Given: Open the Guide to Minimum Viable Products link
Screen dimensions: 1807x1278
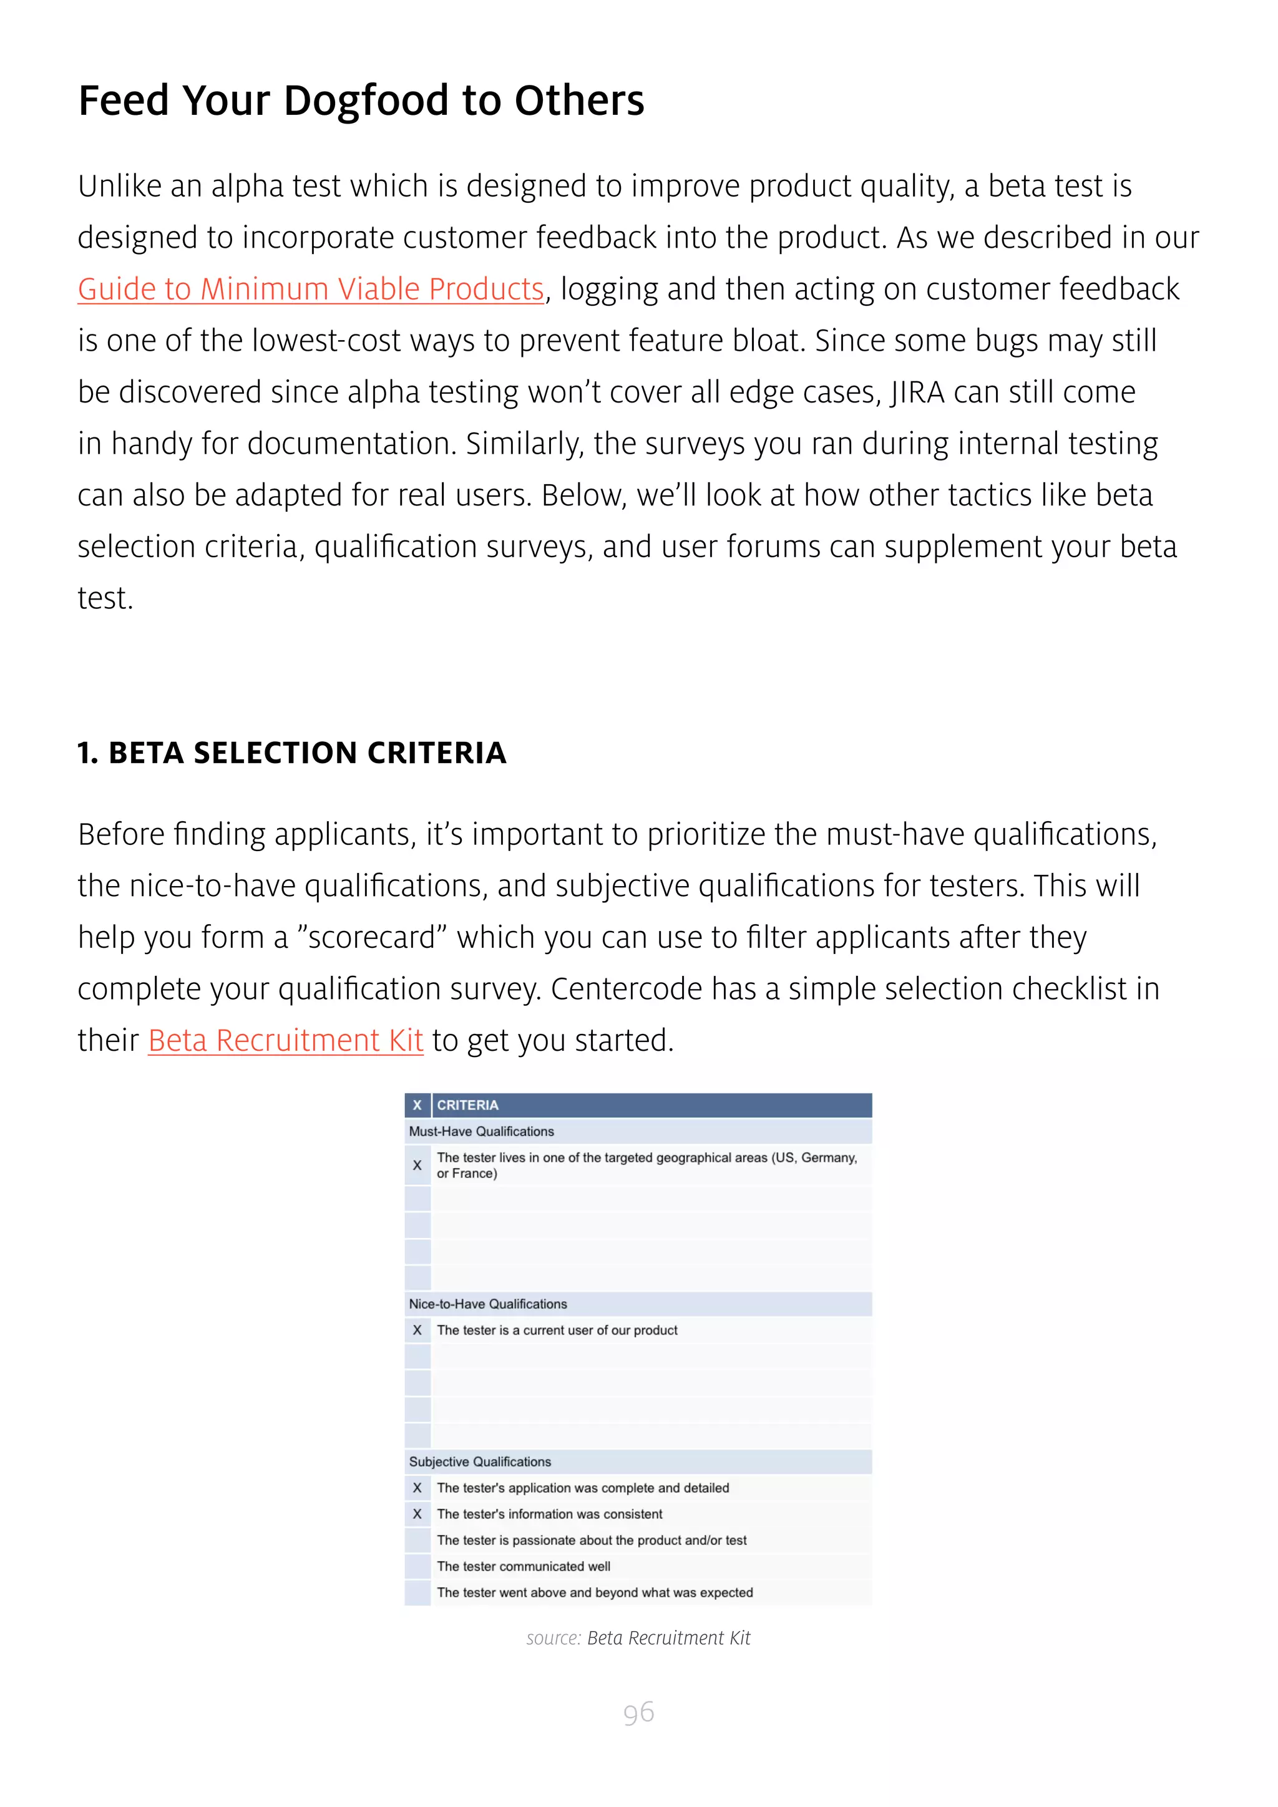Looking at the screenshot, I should pyautogui.click(x=311, y=290).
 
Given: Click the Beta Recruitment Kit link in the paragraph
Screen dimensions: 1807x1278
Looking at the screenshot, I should pyautogui.click(x=286, y=1040).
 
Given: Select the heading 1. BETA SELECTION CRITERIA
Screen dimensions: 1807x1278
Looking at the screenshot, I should pyautogui.click(x=292, y=753).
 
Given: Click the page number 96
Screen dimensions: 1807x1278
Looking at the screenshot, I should pyautogui.click(x=638, y=1713).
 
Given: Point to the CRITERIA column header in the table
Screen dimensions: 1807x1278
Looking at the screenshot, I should pyautogui.click(x=467, y=1105).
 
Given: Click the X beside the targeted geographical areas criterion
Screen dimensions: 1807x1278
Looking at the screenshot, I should pyautogui.click(x=417, y=1166).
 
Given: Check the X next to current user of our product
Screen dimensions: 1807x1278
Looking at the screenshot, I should pyautogui.click(x=417, y=1330).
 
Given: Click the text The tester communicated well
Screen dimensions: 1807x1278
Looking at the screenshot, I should pyautogui.click(x=524, y=1566).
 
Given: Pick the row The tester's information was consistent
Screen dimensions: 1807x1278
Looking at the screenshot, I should pyautogui.click(x=549, y=1514).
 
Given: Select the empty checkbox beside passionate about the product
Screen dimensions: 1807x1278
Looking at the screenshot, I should pyautogui.click(x=417, y=1540).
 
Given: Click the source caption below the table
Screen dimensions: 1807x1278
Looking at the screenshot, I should pyautogui.click(x=638, y=1638).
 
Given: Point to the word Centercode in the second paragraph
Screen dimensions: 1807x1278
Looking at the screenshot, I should pyautogui.click(x=626, y=989).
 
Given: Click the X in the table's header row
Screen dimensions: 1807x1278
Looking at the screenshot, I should pyautogui.click(x=417, y=1105).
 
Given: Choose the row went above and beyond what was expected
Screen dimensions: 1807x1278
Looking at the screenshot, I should pyautogui.click(x=595, y=1592).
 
